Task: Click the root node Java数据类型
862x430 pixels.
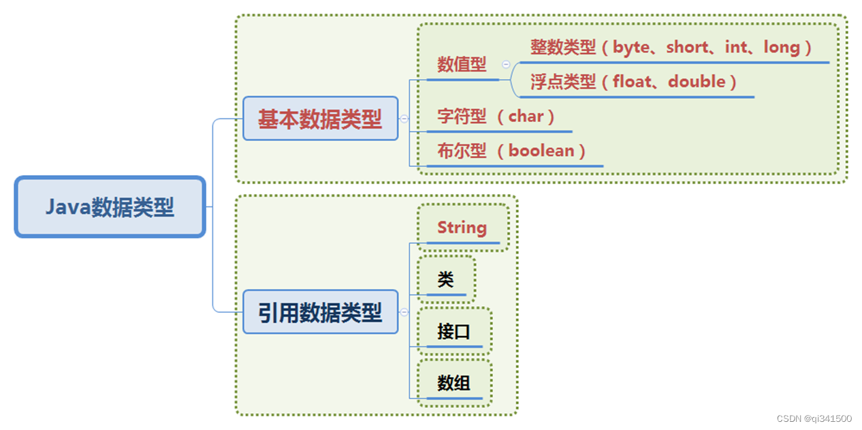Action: click(x=110, y=207)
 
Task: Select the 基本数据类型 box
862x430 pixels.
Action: click(x=320, y=119)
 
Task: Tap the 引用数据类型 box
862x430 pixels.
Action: click(x=320, y=312)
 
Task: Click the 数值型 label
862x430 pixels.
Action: click(x=462, y=65)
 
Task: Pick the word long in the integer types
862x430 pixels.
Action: click(x=781, y=48)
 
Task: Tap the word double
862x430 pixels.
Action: click(x=697, y=82)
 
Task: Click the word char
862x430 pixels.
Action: click(x=526, y=117)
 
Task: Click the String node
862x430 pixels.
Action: click(x=462, y=228)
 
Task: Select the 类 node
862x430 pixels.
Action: click(x=446, y=279)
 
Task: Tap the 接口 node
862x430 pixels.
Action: click(x=453, y=331)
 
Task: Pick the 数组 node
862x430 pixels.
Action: click(x=453, y=383)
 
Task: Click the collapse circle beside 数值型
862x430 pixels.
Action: click(x=506, y=64)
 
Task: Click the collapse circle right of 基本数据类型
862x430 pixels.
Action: click(x=404, y=119)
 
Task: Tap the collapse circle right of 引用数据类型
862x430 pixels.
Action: click(x=404, y=312)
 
